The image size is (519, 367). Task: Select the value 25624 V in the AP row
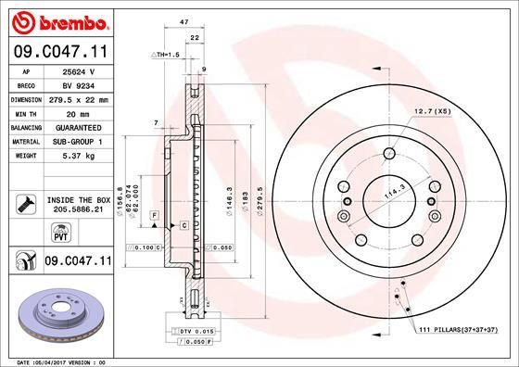click(79, 70)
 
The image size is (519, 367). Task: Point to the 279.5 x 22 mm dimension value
click(79, 97)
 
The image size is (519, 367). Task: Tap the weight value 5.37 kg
click(79, 156)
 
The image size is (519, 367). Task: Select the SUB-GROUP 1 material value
click(79, 141)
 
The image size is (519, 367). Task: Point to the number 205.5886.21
click(78, 209)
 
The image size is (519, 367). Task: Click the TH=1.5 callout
click(163, 55)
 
